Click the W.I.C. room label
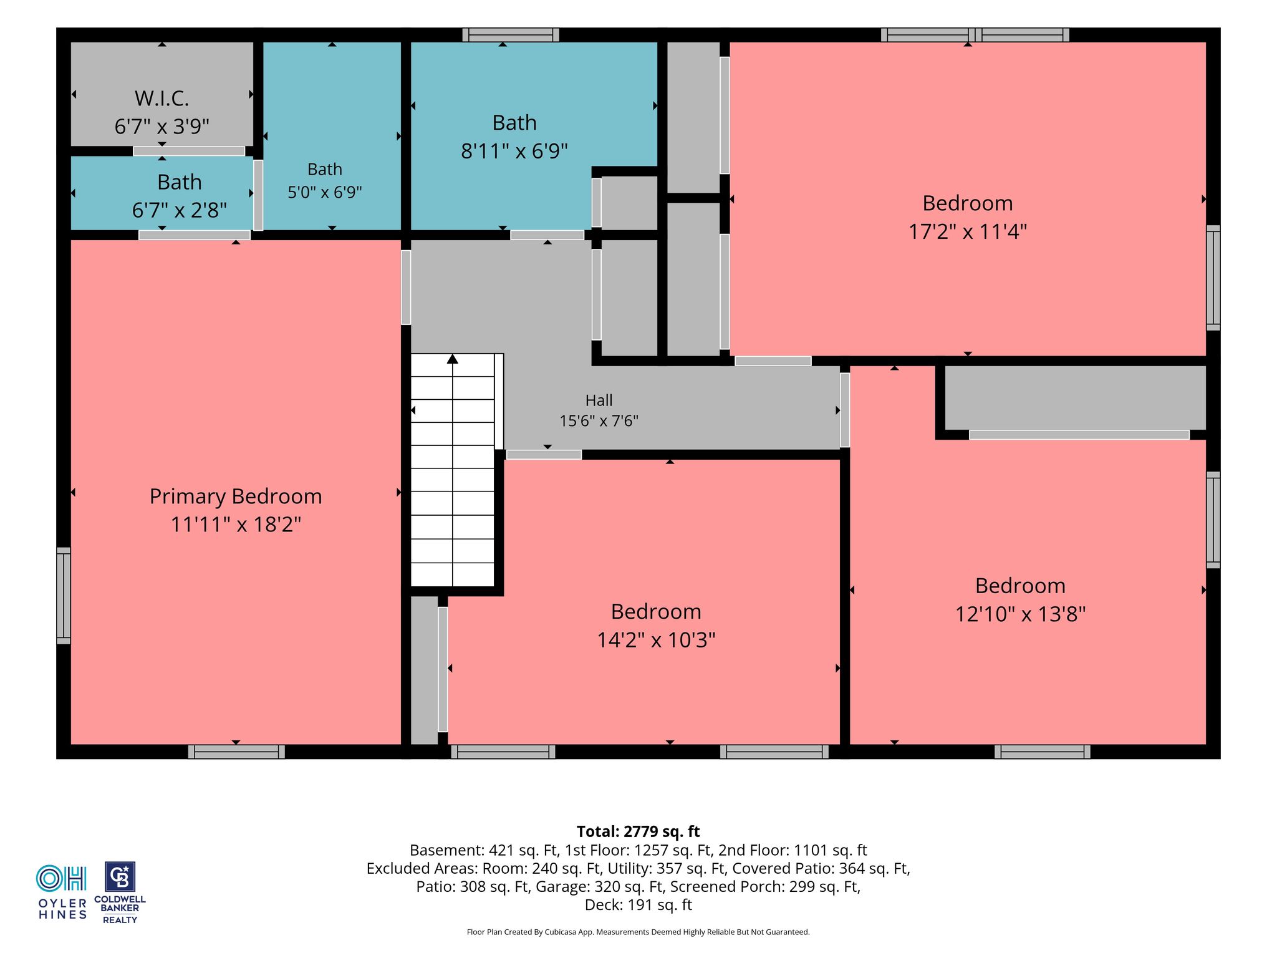(x=161, y=99)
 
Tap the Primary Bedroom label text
(x=236, y=496)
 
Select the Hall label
(x=599, y=400)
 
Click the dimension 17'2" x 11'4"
(x=967, y=232)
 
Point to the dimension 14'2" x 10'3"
(x=656, y=640)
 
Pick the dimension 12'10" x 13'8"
(x=1020, y=614)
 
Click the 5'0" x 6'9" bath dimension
(x=324, y=192)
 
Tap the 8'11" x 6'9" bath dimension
(x=514, y=151)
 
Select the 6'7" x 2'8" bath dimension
(x=179, y=210)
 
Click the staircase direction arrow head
(x=453, y=359)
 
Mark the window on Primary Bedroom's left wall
(x=64, y=596)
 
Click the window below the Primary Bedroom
(x=236, y=752)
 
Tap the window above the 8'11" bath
(x=511, y=35)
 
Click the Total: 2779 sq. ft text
(x=638, y=831)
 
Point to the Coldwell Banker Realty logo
(x=120, y=893)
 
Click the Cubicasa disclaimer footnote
(x=638, y=932)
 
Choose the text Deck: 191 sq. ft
(x=638, y=904)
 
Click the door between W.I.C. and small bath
(x=189, y=151)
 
